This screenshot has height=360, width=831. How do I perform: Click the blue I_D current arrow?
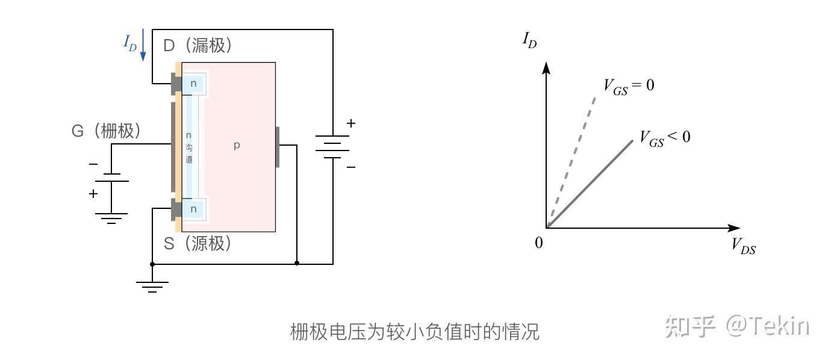(x=143, y=46)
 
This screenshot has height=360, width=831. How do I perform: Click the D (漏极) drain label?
(x=197, y=45)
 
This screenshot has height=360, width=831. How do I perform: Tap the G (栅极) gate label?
(x=106, y=131)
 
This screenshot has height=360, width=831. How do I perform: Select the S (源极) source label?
(x=198, y=244)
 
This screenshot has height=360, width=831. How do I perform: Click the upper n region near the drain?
(x=193, y=84)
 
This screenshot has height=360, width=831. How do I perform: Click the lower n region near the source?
(x=193, y=209)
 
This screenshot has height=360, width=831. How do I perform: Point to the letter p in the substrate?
(x=237, y=145)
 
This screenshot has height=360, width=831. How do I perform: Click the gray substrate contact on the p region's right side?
(x=278, y=146)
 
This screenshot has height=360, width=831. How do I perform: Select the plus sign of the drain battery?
(x=350, y=123)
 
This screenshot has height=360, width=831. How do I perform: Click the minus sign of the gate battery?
(x=93, y=164)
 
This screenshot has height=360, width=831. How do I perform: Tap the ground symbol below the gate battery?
(x=111, y=218)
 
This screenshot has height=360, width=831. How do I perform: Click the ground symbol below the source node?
(x=152, y=287)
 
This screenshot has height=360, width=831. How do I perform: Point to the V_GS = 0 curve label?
(x=628, y=86)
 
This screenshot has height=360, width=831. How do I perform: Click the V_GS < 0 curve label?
(x=664, y=138)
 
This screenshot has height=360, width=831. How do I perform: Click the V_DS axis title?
(x=743, y=246)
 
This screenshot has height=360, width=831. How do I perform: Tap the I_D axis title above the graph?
(x=529, y=42)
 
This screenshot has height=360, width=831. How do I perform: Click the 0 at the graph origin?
(x=538, y=243)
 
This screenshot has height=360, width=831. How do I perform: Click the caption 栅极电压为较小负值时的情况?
(x=415, y=331)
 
